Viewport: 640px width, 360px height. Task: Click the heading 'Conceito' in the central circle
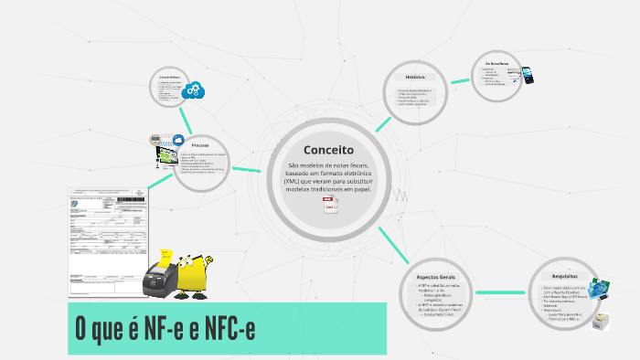[x=328, y=150]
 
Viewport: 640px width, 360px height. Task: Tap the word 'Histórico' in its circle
[x=416, y=78]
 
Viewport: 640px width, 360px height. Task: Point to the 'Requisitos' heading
[x=565, y=276]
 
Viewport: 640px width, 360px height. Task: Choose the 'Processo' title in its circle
[x=201, y=146]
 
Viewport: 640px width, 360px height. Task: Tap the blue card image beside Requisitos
[x=600, y=290]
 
